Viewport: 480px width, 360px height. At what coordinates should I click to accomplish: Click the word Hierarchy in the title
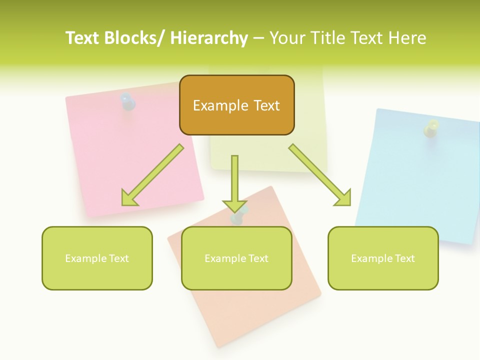209,38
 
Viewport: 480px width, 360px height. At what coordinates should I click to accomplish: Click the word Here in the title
405,38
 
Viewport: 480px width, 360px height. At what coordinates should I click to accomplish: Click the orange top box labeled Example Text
236,105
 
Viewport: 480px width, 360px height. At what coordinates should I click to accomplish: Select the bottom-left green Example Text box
97,258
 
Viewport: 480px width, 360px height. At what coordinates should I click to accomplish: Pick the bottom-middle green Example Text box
236,258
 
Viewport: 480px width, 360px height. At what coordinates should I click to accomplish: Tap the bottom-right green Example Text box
383,258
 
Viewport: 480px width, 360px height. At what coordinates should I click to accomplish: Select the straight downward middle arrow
234,183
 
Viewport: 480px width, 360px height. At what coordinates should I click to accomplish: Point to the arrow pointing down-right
321,175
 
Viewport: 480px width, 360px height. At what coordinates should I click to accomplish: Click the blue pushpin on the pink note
128,101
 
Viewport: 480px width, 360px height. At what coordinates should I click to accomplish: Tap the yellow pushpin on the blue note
431,128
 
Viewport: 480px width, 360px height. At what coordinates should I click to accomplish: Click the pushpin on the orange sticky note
237,217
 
